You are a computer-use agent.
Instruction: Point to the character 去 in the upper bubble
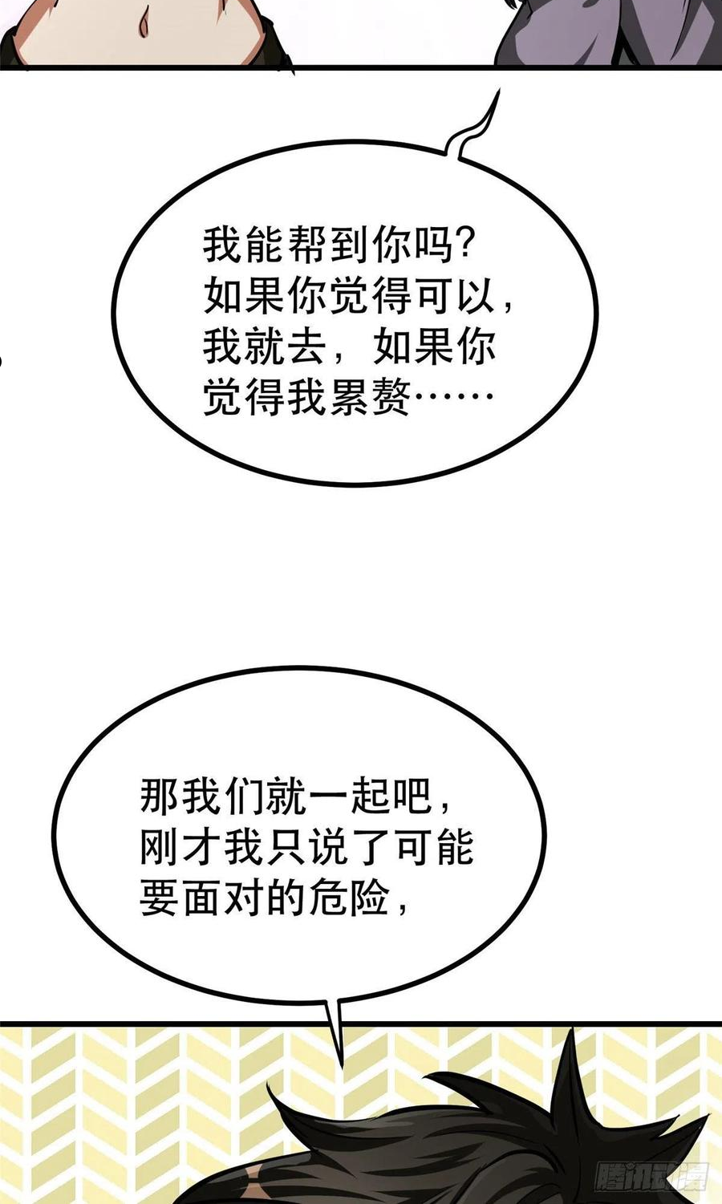tap(306, 347)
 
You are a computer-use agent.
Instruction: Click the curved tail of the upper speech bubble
tap(473, 129)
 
